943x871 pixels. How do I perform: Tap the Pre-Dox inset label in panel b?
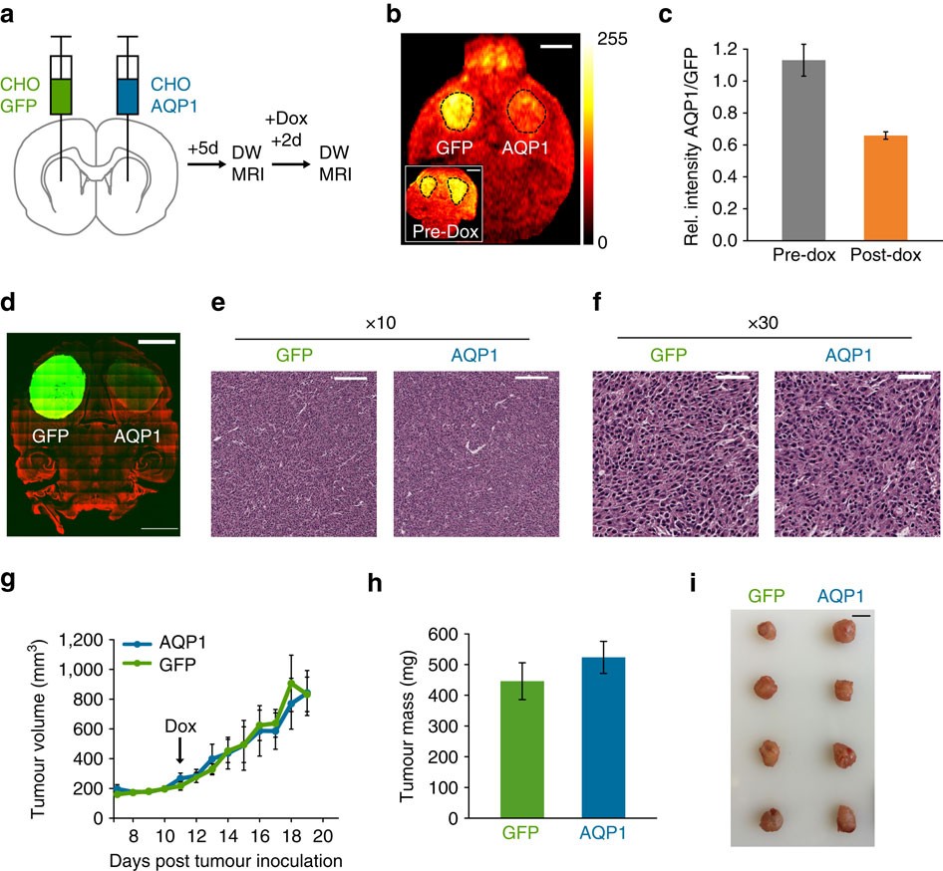point(444,233)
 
